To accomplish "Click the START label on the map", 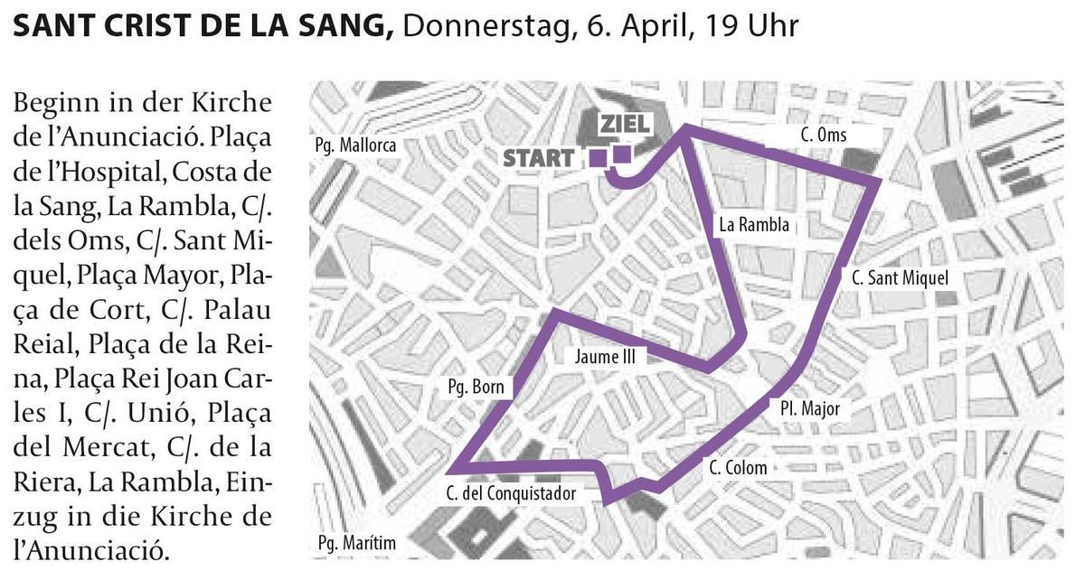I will (x=537, y=157).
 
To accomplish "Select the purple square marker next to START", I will (x=598, y=158).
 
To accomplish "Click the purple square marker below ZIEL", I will (x=622, y=154).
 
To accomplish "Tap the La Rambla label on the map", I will (x=754, y=225).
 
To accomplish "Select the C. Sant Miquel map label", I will (x=901, y=277).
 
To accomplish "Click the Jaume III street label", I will (x=605, y=357).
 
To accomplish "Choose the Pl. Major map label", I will (x=810, y=408).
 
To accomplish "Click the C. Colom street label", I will (x=738, y=467).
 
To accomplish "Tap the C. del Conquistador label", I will (x=510, y=493).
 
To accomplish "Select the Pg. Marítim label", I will (x=356, y=544).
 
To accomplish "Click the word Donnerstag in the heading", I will (x=485, y=25).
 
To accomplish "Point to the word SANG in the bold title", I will (x=346, y=25).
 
